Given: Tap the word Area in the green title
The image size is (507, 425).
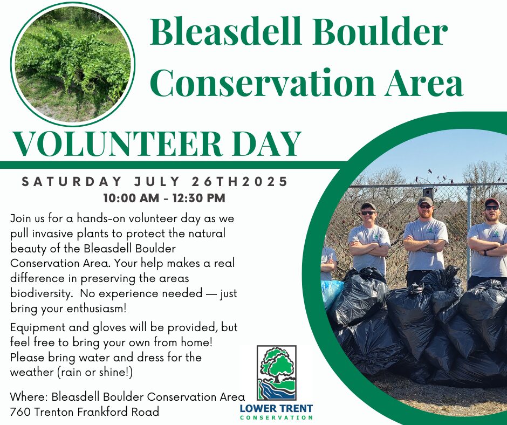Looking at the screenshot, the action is pyautogui.click(x=424, y=81).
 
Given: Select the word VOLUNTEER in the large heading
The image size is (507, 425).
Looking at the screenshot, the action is pyautogui.click(x=118, y=143).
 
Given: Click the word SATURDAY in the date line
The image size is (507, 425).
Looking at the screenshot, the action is pyautogui.click(x=72, y=181).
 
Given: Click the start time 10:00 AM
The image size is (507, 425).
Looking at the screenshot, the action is pyautogui.click(x=131, y=198).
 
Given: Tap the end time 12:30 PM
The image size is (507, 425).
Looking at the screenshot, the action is pyautogui.click(x=199, y=198).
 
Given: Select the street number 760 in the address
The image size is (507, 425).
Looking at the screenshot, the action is pyautogui.click(x=20, y=412).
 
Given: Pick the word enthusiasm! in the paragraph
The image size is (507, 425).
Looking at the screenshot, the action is pyautogui.click(x=97, y=309).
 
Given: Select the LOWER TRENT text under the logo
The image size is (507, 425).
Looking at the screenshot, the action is pyautogui.click(x=277, y=408).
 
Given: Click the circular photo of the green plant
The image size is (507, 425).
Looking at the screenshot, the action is pyautogui.click(x=73, y=64).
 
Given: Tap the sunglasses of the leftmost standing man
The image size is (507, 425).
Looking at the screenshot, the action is pyautogui.click(x=368, y=213).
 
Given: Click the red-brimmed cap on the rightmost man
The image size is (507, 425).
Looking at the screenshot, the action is pyautogui.click(x=492, y=202).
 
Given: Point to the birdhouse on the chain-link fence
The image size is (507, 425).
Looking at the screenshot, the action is pyautogui.click(x=428, y=192).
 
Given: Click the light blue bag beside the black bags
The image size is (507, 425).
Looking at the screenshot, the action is pyautogui.click(x=331, y=293).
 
